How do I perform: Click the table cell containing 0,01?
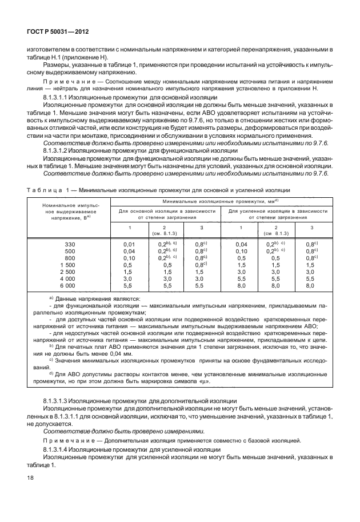(129, 244)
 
